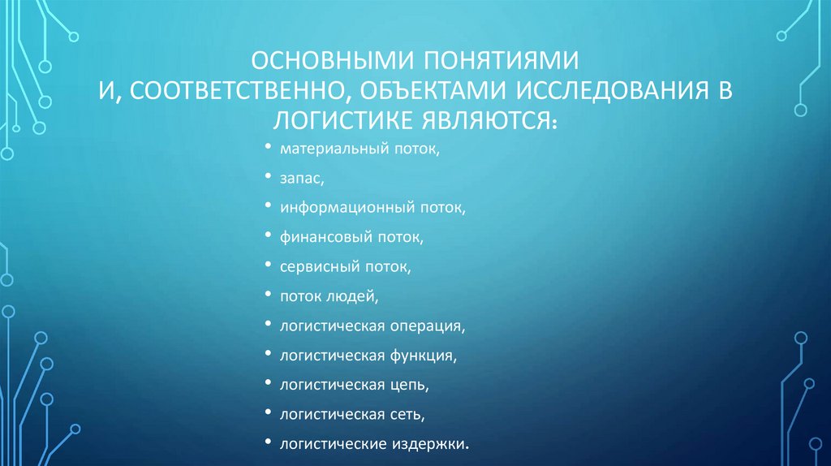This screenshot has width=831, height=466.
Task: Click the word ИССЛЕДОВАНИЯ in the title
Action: coord(606,91)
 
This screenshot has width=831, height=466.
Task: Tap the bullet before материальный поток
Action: coord(269,149)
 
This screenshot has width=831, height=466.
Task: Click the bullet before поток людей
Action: coord(269,296)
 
